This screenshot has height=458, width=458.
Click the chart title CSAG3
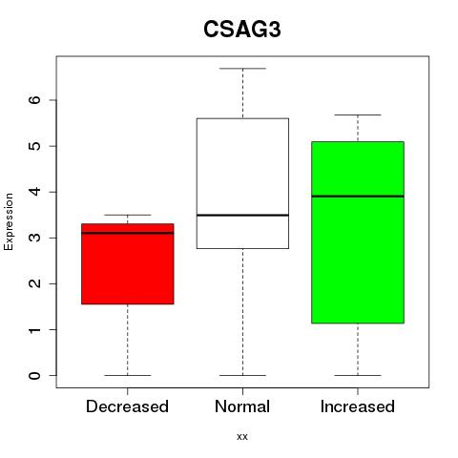(x=242, y=30)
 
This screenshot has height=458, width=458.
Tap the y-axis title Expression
(x=9, y=221)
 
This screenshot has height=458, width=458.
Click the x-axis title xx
(x=242, y=436)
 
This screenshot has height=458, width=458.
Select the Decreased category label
(x=127, y=406)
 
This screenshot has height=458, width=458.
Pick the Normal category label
(x=242, y=406)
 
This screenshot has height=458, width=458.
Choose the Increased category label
(x=358, y=406)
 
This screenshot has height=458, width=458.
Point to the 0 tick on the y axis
(x=34, y=376)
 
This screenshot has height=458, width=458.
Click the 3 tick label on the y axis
(x=34, y=238)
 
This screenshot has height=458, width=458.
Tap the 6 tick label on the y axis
(x=34, y=100)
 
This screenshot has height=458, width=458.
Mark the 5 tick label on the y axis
(x=34, y=146)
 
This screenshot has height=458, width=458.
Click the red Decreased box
(x=128, y=263)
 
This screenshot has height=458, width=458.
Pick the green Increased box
(x=358, y=232)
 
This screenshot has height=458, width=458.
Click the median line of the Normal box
(x=242, y=216)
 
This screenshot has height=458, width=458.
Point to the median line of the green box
(x=358, y=197)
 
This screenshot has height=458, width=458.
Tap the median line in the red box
(x=128, y=233)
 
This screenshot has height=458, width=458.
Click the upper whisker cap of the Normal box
(x=242, y=69)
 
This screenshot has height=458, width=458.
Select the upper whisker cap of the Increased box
(x=358, y=114)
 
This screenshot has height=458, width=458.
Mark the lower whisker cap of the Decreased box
(x=128, y=375)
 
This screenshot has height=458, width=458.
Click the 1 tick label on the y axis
(x=34, y=329)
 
